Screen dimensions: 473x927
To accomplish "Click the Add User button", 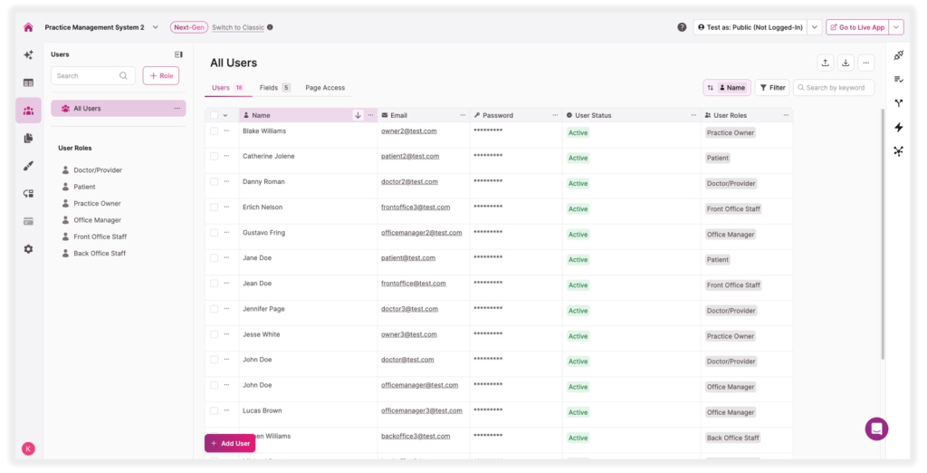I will coord(230,443).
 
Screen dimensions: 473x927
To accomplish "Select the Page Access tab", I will coord(325,88).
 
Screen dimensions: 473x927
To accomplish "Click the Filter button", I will coord(772,88).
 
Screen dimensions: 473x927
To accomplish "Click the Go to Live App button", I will coord(856,27).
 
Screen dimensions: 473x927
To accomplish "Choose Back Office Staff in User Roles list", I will coord(99,254).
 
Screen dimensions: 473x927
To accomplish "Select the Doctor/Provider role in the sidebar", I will coord(97,170).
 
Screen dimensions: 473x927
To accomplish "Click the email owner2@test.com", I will coord(408,131).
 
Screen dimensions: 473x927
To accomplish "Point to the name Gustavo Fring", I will coord(263,233).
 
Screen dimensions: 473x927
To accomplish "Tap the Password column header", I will coord(498,115).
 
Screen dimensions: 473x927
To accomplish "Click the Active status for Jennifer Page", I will coord(578,311).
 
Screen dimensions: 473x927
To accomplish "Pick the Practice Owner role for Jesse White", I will coord(731,336).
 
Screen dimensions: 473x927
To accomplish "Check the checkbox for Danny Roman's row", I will coord(215,182).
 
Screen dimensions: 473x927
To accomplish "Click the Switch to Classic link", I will coord(238,27).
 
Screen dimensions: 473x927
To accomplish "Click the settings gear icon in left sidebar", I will coord(28,248).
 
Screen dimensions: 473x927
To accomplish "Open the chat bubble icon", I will coord(876,429).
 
